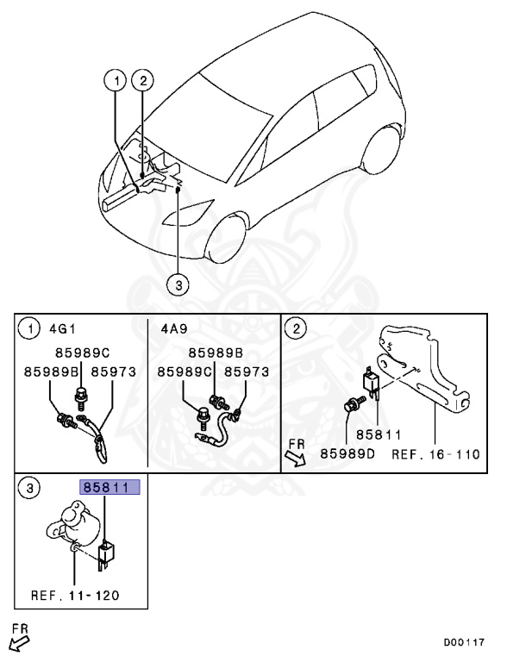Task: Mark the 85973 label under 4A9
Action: (247, 372)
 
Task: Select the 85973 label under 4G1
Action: (113, 372)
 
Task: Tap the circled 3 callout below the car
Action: (177, 284)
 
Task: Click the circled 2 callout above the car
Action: (144, 82)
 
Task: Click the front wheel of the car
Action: (232, 239)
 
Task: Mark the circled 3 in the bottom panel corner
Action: (29, 489)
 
